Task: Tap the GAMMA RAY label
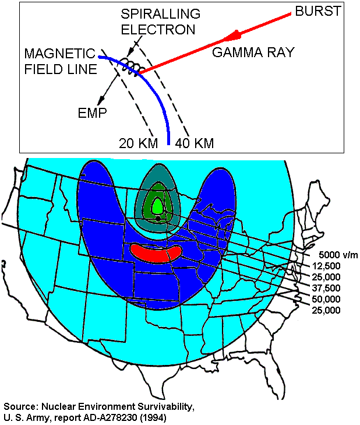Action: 253,52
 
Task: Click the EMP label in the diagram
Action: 93,113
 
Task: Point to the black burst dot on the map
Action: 157,217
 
